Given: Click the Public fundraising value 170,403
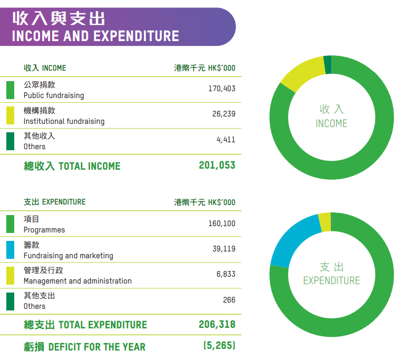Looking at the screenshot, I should [x=221, y=89].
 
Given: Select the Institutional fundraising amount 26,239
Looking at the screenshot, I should [x=223, y=114].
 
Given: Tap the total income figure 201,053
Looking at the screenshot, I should [x=217, y=166].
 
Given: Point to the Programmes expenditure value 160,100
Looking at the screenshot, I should [x=221, y=223].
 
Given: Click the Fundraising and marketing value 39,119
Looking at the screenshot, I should [x=223, y=249].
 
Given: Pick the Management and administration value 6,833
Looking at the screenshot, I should [x=226, y=274].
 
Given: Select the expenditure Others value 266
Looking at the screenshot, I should [x=229, y=300].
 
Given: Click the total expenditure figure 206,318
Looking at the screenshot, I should [x=217, y=324].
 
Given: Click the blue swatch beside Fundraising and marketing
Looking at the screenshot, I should [x=11, y=250].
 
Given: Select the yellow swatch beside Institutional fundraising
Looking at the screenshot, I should [x=11, y=115].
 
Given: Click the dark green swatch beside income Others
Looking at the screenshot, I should [x=11, y=141].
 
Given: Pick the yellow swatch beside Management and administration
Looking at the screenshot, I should [x=11, y=275].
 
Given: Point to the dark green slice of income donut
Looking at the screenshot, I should [x=327, y=64].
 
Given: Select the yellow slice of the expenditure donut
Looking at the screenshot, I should [x=325, y=222].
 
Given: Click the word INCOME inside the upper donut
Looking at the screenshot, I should [x=331, y=124].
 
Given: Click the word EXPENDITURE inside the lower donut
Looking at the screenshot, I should [x=331, y=281].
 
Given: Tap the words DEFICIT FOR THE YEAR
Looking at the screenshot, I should [x=97, y=347].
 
